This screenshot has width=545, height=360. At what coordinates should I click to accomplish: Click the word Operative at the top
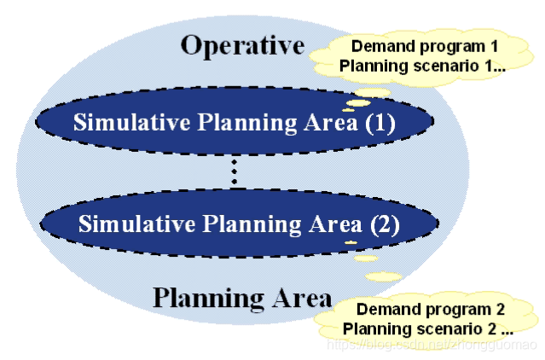[241, 45]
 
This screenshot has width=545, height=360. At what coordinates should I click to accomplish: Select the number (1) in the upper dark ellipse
[380, 123]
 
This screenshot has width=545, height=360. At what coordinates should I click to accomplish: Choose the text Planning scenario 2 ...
[427, 328]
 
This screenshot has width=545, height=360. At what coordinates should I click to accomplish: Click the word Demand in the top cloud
[374, 45]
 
